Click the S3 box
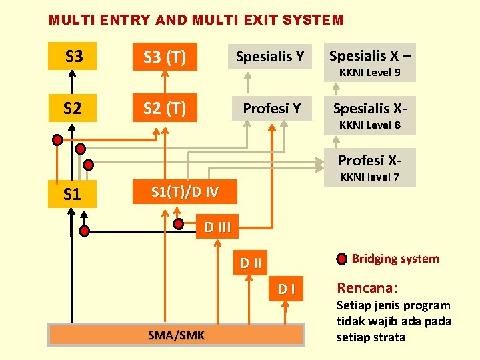73,57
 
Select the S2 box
73,107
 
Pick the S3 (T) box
165,57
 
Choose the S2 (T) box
165,107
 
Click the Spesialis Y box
271,57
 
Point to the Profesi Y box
271,107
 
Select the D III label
217,227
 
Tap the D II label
251,263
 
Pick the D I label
287,289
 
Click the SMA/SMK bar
176,335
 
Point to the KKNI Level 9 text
369,72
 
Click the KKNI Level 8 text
369,125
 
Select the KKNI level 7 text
369,177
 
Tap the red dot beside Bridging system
341,259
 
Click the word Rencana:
367,288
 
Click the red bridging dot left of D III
179,225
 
